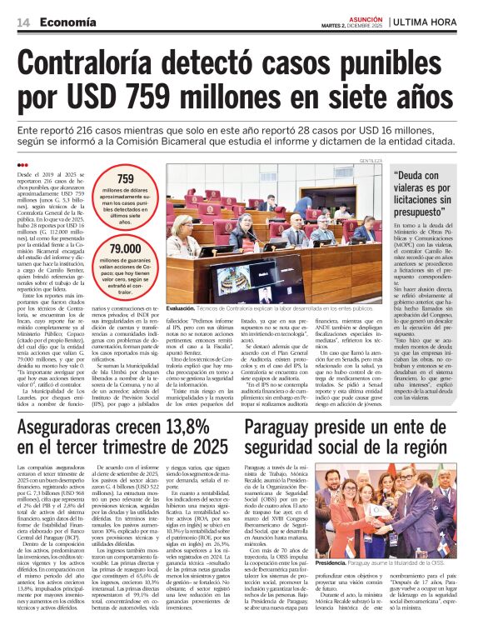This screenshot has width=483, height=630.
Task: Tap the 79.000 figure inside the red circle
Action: tap(126, 249)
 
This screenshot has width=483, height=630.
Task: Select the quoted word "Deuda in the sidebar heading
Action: tap(414, 177)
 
